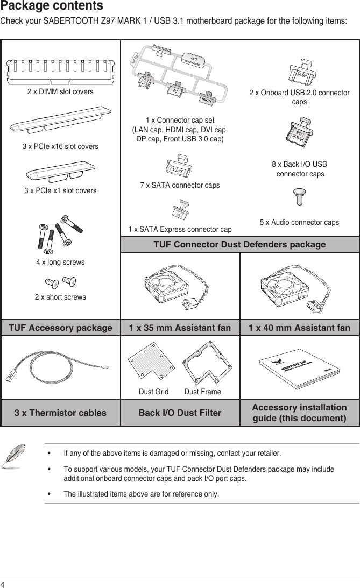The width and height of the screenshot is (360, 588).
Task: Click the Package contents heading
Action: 52,6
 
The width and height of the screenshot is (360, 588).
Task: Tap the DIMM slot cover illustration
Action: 60,70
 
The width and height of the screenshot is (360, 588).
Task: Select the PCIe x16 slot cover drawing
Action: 60,122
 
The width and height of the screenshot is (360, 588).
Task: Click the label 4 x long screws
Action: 60,263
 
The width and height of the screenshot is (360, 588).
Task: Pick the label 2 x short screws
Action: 60,297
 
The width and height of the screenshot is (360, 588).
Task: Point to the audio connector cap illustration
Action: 299,197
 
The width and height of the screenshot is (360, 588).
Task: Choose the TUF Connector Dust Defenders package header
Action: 239,245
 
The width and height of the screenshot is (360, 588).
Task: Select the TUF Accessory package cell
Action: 60,328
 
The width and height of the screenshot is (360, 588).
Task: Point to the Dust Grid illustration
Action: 153,363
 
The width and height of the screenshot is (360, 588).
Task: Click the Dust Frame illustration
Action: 202,363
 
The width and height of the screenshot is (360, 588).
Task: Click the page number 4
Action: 3,584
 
